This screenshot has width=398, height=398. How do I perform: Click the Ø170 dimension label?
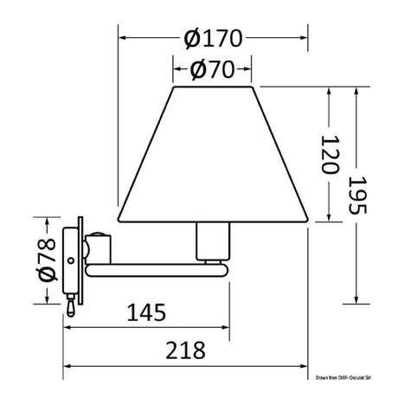(x=214, y=38)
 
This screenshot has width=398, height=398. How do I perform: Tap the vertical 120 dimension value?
(x=327, y=155)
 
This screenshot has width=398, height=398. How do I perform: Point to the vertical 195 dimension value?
(x=356, y=196)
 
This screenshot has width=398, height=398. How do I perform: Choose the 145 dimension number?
(x=146, y=311)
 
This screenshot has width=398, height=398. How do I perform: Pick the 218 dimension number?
(x=185, y=350)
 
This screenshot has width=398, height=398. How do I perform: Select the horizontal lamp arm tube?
(x=156, y=274)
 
